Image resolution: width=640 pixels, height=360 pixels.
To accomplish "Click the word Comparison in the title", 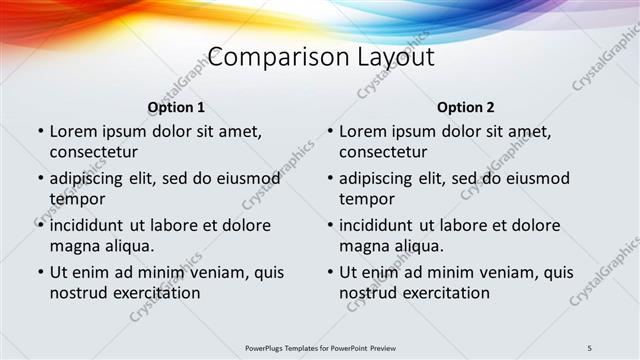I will click(x=265, y=57).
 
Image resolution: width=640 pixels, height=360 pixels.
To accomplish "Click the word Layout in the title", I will click(x=396, y=57).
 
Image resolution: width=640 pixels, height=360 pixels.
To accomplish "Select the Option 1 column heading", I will click(x=176, y=107).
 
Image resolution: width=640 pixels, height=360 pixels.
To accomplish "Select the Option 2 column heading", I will click(x=466, y=107).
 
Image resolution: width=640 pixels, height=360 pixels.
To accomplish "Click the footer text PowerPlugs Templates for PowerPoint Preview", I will click(x=320, y=347).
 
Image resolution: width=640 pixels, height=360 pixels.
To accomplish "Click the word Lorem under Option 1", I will click(x=75, y=131).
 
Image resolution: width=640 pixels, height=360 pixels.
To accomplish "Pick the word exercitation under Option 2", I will click(x=443, y=293).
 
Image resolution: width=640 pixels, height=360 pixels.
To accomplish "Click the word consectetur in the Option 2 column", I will click(x=384, y=152).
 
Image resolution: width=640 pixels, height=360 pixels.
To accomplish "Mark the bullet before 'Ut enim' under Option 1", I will click(x=40, y=272).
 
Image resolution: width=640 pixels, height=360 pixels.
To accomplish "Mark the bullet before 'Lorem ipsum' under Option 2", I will click(x=330, y=131).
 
